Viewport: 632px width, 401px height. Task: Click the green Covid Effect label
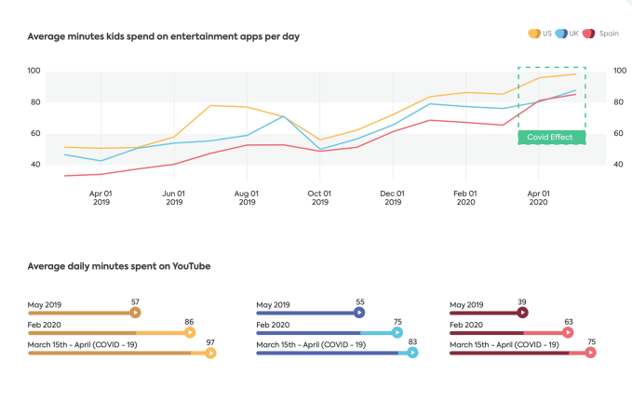(551, 138)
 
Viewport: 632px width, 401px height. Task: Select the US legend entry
(539, 33)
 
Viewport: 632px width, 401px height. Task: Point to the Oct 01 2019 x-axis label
(319, 198)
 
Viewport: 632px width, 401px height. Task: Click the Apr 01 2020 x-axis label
(537, 198)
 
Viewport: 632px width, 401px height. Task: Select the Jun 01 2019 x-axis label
(174, 198)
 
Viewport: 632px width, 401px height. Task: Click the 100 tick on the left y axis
(34, 71)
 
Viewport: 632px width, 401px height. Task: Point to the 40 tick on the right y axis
(618, 165)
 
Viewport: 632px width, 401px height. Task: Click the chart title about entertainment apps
(163, 37)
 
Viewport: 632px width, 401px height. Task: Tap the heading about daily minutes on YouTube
(119, 266)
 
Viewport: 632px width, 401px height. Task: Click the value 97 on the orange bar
(210, 342)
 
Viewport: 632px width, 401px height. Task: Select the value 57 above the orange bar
(135, 302)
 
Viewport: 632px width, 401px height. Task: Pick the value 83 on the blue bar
(412, 342)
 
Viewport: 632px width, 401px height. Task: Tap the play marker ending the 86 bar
(190, 332)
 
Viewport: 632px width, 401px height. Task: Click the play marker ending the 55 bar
(360, 313)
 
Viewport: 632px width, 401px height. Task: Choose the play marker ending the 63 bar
(568, 332)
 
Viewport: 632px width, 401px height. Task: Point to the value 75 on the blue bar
(397, 322)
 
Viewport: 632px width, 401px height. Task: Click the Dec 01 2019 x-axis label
(392, 198)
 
